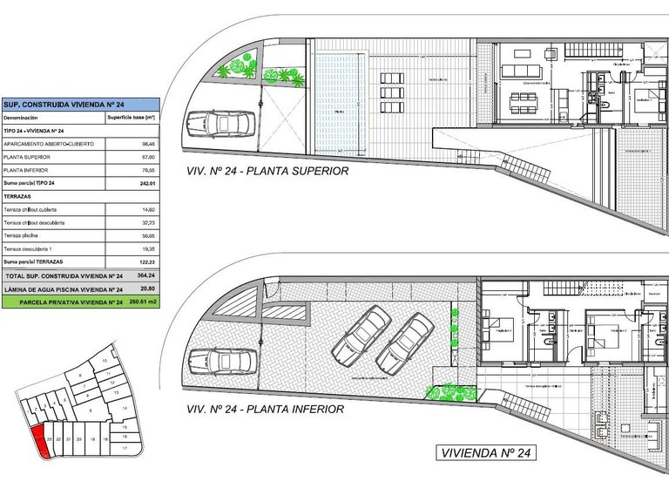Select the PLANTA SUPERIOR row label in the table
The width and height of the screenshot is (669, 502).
25,157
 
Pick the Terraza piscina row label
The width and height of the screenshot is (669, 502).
27,235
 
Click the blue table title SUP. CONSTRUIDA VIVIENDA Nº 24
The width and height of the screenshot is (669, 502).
52,104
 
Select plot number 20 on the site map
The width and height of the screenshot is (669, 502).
79,440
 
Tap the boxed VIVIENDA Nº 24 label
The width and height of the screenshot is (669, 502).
485,453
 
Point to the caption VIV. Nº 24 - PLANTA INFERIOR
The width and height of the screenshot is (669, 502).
265,409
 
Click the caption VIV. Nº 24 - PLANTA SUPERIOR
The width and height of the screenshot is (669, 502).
267,172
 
